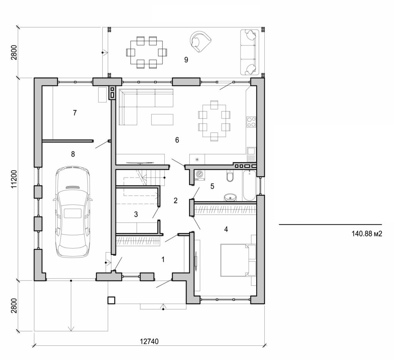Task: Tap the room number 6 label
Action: click(177, 140)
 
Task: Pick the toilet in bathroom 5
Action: click(230, 176)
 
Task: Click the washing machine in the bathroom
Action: click(200, 175)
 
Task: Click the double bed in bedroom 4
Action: click(235, 260)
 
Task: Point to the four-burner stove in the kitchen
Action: click(251, 122)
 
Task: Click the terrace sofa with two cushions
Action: click(248, 52)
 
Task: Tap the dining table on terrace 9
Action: click(147, 52)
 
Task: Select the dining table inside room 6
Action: click(214, 121)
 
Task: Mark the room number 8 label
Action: click(73, 154)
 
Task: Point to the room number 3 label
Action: click(136, 214)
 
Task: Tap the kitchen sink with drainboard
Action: click(251, 154)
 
